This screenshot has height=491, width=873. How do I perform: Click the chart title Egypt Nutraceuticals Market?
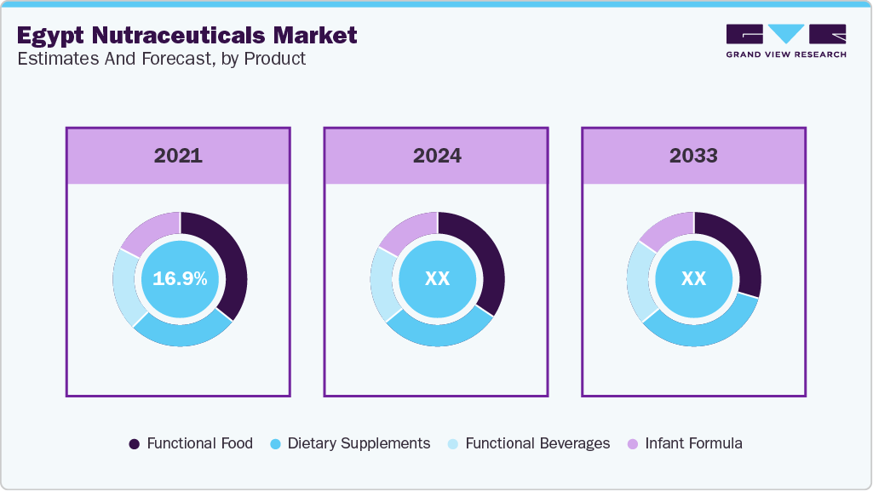coord(187,35)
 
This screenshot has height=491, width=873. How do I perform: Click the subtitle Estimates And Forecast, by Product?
coord(161,59)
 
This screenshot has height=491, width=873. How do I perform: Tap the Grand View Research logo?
coord(785,40)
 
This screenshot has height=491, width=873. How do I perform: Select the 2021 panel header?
coord(178,156)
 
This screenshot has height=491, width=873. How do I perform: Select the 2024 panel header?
coord(437,156)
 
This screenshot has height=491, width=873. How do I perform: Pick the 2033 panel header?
coord(693,156)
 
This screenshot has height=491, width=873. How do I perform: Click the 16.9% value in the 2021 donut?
coord(180,279)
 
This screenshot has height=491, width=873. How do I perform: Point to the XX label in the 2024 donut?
coord(437,279)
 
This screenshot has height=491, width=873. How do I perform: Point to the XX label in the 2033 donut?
coord(693,279)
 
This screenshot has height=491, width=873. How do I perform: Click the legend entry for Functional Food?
coord(191,443)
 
